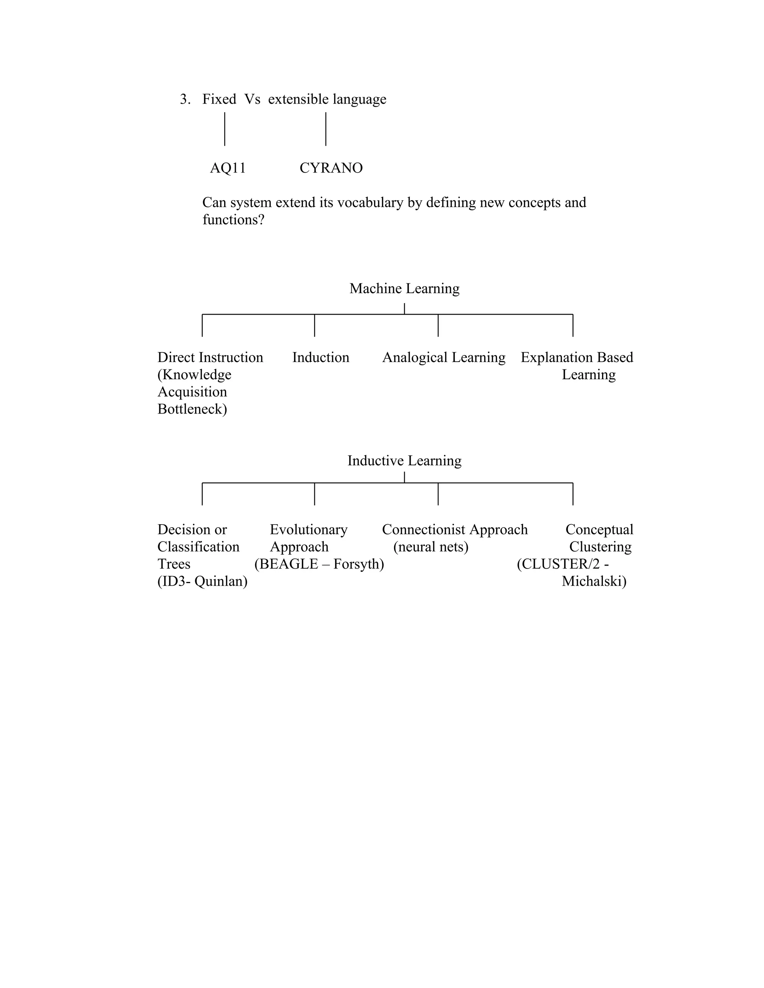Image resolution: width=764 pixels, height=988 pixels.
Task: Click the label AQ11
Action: (x=228, y=168)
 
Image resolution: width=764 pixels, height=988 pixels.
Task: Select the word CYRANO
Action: (x=331, y=168)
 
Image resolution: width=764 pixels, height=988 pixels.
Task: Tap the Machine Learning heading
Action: (x=404, y=288)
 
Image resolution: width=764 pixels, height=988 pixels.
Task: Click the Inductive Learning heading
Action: (x=404, y=460)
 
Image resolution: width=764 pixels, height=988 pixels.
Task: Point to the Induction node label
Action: (x=320, y=358)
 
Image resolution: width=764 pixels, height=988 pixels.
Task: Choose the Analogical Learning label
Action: (x=444, y=358)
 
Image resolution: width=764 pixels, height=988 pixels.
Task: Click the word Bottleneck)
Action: (x=192, y=409)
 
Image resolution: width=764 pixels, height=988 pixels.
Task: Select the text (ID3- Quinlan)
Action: (x=202, y=581)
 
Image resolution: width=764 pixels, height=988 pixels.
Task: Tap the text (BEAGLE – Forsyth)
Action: (x=319, y=564)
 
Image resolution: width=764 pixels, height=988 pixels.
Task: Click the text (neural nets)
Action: (x=430, y=547)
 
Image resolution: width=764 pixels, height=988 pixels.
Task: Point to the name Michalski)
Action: (x=594, y=581)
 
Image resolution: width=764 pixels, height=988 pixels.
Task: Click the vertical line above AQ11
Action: (x=225, y=129)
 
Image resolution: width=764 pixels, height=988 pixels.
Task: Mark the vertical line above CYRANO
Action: (x=325, y=129)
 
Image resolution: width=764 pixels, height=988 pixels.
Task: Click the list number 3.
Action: (x=185, y=99)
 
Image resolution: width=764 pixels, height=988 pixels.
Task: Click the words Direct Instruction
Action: (x=210, y=358)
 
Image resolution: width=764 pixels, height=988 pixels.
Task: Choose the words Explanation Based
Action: (x=577, y=358)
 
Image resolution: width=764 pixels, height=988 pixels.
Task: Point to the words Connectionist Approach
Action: (x=454, y=529)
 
